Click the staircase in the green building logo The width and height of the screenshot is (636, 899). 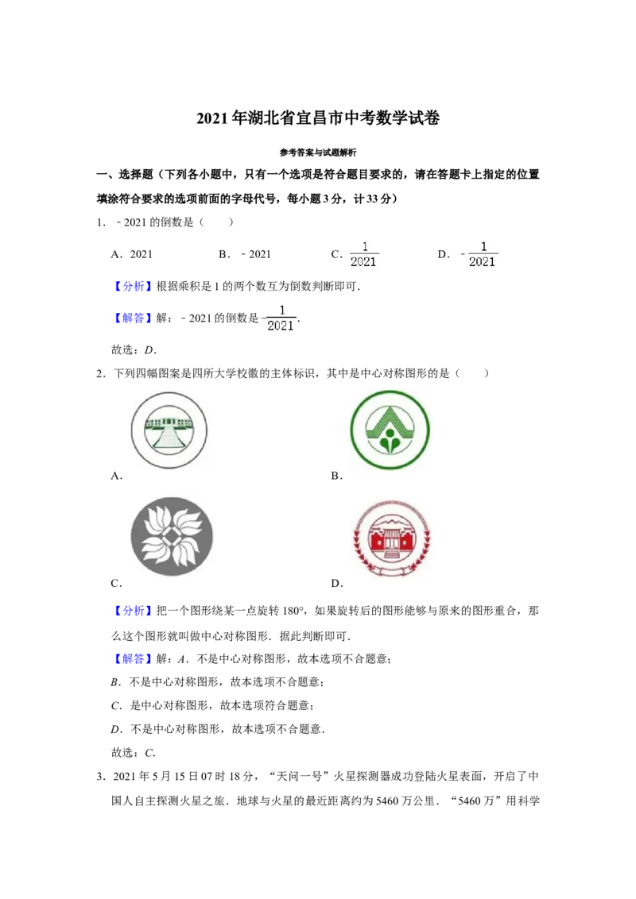(x=170, y=439)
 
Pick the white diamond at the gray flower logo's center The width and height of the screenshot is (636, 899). (x=172, y=538)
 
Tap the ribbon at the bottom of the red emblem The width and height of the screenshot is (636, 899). (x=394, y=569)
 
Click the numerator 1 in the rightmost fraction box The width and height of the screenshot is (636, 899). (x=483, y=246)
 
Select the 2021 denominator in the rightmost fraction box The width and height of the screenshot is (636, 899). (x=483, y=262)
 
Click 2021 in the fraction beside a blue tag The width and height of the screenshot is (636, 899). (x=280, y=326)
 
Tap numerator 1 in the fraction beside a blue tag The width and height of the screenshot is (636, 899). (x=281, y=310)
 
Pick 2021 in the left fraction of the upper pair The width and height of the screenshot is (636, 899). (x=363, y=262)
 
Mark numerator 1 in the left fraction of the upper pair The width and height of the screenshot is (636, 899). (x=363, y=246)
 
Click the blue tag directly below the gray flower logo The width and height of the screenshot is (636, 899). (x=133, y=610)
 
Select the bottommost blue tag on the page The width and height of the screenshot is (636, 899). (x=133, y=658)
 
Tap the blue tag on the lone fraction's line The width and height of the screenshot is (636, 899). (x=133, y=318)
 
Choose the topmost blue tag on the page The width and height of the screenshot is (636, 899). (x=133, y=286)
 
